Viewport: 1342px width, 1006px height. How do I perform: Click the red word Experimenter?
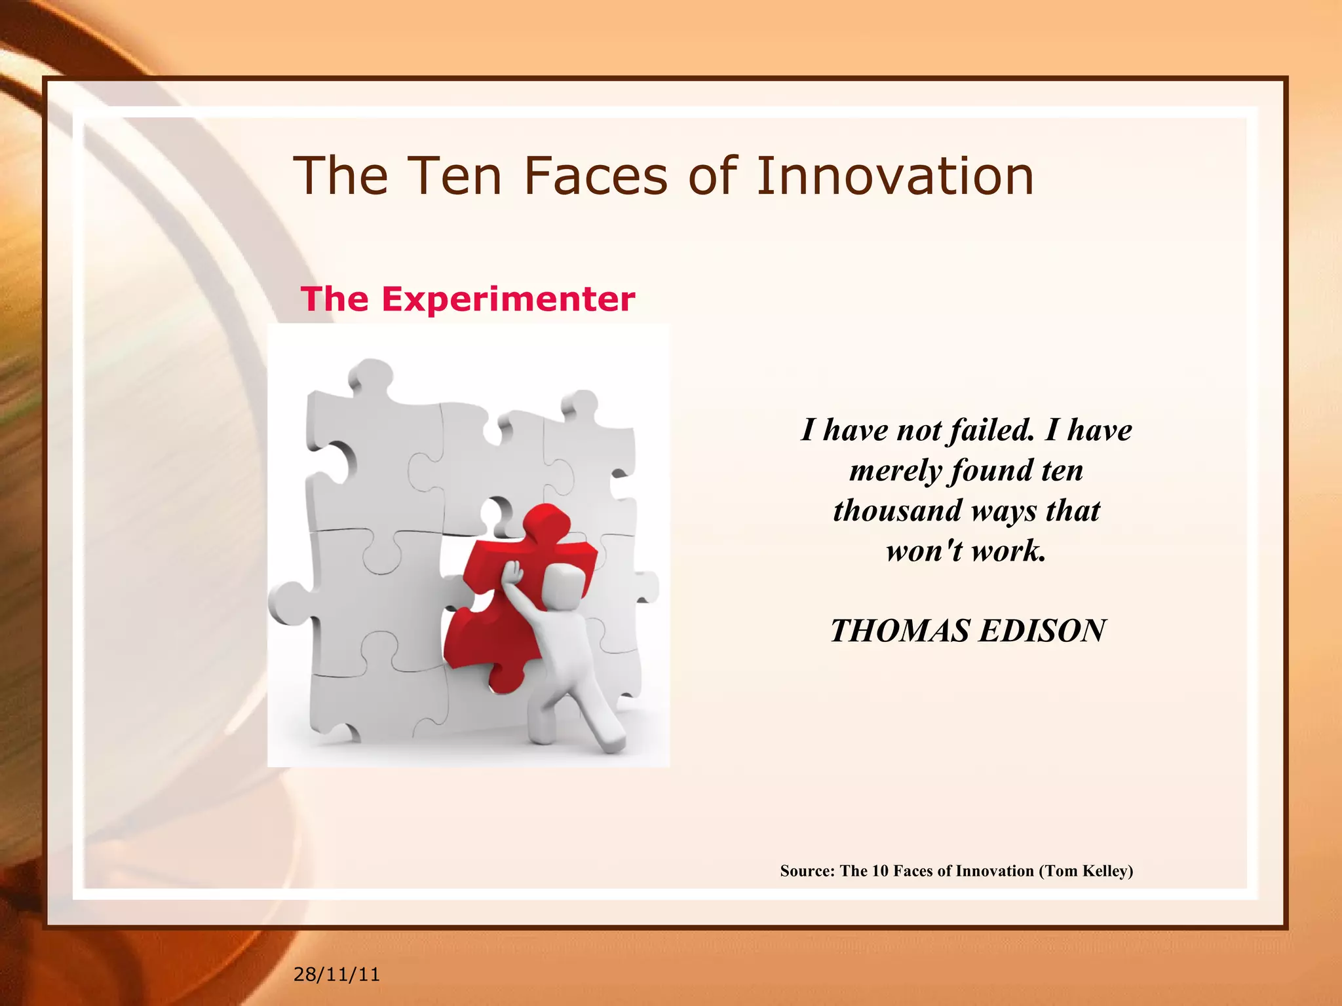[508, 299]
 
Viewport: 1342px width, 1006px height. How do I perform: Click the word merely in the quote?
[895, 471]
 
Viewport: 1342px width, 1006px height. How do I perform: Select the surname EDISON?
[1042, 631]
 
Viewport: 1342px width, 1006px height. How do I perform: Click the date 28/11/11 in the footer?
[336, 975]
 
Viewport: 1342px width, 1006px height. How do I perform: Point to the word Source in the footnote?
[807, 871]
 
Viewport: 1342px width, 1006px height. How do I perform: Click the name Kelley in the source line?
[1108, 871]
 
